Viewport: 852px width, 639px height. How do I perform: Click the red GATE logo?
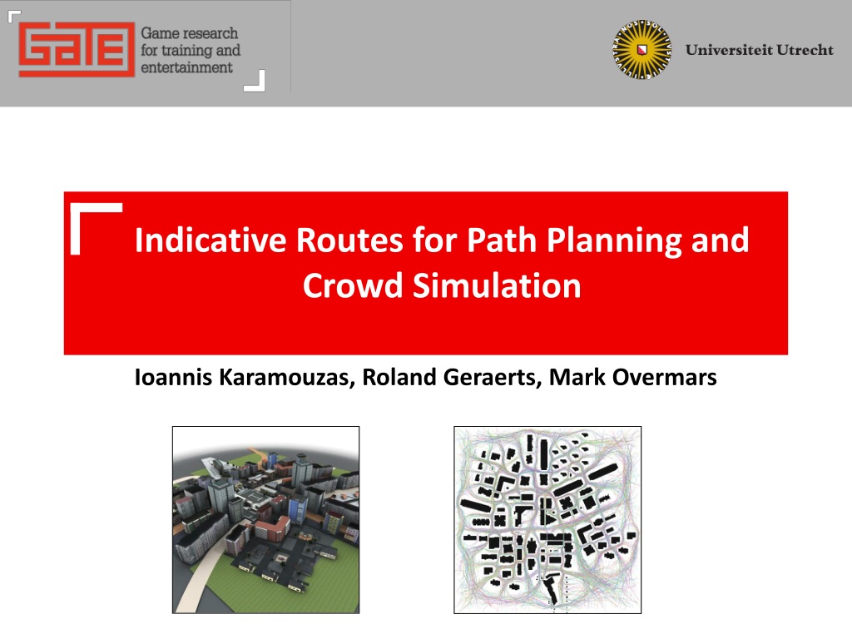tap(77, 49)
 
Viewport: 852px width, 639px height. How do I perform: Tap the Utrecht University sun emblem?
tap(642, 49)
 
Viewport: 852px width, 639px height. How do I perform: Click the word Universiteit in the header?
tap(729, 50)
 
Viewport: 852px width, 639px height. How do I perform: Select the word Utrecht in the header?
tap(805, 50)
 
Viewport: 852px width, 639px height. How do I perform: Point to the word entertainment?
tap(186, 67)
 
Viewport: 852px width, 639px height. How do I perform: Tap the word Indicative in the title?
tap(211, 240)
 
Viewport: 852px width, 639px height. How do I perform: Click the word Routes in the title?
tap(349, 240)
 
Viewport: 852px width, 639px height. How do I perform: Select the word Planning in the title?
tap(613, 240)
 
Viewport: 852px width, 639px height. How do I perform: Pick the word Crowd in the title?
tap(352, 285)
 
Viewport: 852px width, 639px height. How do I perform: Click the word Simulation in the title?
tap(497, 285)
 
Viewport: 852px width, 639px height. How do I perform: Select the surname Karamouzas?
tap(287, 378)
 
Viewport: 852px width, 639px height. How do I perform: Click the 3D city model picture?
tap(265, 520)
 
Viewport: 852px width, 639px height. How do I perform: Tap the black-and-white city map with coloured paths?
tap(547, 520)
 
